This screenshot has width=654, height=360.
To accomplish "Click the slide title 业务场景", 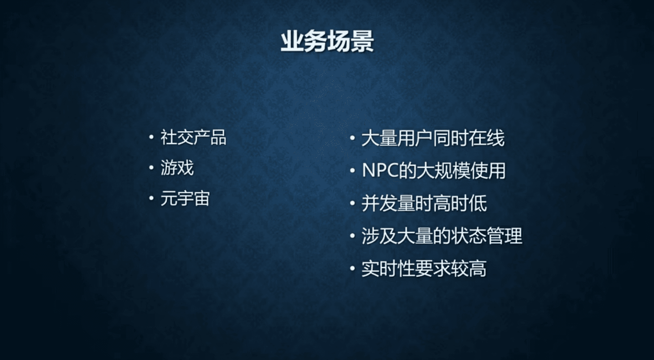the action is click(327, 42).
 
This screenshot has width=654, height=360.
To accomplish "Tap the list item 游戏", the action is click(177, 168).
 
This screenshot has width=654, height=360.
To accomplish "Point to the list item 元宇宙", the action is click(185, 199).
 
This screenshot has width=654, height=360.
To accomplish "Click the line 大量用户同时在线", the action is click(433, 138).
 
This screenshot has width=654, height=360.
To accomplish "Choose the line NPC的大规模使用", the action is click(434, 171).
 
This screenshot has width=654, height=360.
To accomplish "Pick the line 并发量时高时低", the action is click(424, 203).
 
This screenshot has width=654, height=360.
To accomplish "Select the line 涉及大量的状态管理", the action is click(442, 236).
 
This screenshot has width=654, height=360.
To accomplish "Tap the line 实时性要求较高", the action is click(424, 268).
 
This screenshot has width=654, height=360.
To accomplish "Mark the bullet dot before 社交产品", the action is click(151, 137).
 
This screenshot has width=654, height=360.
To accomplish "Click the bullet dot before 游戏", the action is click(151, 167).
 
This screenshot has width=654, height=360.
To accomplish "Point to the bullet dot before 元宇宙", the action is click(151, 199).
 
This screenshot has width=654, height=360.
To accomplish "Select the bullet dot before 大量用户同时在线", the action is click(352, 138).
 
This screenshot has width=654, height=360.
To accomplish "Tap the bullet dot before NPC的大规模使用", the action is click(352, 171).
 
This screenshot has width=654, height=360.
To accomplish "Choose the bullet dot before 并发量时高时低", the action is click(352, 203).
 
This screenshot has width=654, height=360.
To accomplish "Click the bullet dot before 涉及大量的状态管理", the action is click(352, 235).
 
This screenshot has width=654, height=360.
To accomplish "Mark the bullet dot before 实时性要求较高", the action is click(352, 268).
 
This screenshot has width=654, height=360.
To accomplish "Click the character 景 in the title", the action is click(362, 42).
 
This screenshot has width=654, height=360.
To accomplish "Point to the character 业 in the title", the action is click(292, 42).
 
